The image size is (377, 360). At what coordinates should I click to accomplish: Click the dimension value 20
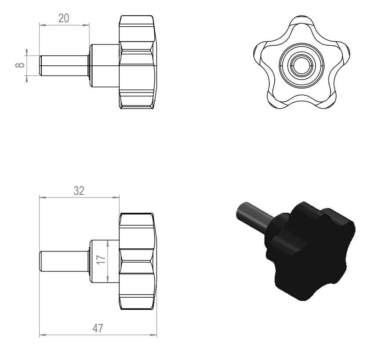tap(64, 18)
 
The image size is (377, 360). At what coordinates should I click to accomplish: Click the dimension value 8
tap(20, 65)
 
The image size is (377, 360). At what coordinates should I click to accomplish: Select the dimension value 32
tap(79, 191)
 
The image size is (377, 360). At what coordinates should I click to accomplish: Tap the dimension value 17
tap(101, 259)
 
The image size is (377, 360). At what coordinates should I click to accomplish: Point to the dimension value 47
tap(98, 328)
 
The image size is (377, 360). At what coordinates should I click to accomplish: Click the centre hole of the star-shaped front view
tap(302, 65)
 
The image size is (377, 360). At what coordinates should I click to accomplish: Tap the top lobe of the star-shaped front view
tap(302, 23)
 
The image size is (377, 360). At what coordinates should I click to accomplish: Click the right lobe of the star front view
tap(343, 53)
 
